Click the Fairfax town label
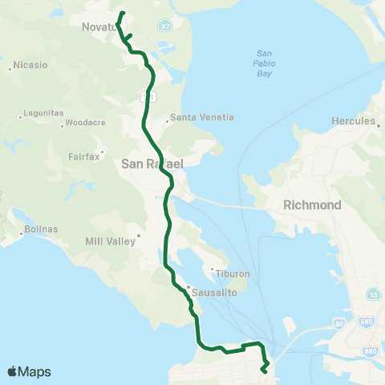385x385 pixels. [x=84, y=156]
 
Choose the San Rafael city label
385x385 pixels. [x=152, y=164]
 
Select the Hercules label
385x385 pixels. [x=354, y=121]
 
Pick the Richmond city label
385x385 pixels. [x=312, y=205]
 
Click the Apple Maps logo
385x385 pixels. [x=29, y=371]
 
